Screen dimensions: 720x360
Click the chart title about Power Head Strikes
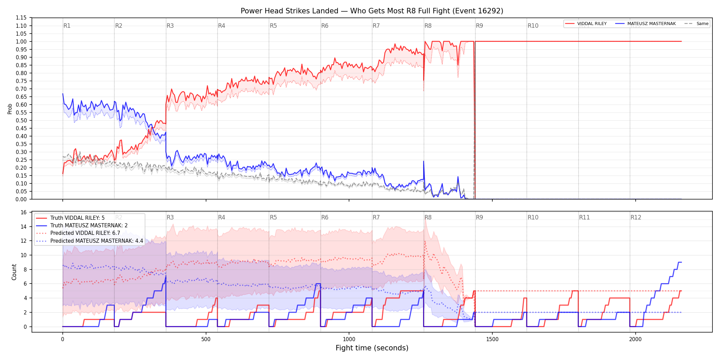372,11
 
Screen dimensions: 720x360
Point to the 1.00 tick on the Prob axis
21,41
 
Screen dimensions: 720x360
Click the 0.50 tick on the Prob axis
21,120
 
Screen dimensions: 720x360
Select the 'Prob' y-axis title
10,109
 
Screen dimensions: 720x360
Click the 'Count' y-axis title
14,272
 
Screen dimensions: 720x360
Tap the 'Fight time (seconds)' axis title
372,348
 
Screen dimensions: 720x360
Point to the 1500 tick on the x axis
492,339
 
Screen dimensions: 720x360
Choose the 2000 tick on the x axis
635,339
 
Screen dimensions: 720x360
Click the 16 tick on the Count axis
24,212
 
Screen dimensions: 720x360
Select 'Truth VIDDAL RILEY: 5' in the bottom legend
77,218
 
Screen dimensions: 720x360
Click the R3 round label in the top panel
170,26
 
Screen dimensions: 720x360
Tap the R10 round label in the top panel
533,26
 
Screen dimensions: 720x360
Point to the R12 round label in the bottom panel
636,217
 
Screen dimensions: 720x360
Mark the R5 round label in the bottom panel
273,217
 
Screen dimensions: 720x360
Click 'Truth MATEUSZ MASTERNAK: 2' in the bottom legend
89,226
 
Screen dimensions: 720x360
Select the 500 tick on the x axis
206,339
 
